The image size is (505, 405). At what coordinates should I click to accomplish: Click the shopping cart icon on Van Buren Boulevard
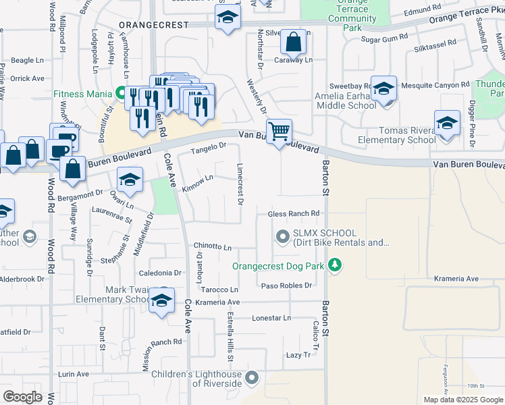click(x=279, y=130)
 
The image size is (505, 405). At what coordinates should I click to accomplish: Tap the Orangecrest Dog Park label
click(x=278, y=267)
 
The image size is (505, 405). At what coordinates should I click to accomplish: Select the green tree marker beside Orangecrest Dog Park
click(x=334, y=266)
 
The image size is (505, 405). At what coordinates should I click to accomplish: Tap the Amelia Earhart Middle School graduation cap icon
click(x=383, y=89)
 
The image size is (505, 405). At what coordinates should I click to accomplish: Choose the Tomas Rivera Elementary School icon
click(x=447, y=124)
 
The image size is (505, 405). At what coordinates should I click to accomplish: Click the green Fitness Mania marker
click(x=122, y=92)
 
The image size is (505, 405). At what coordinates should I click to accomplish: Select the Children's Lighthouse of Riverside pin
click(x=252, y=378)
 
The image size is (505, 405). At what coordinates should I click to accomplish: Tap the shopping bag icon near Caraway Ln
click(x=294, y=43)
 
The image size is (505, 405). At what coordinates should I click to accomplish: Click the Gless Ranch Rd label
click(x=294, y=214)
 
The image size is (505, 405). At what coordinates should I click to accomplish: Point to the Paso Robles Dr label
click(x=287, y=286)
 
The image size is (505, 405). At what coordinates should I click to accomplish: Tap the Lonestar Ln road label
click(x=271, y=318)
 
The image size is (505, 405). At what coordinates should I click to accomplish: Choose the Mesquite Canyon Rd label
click(x=435, y=85)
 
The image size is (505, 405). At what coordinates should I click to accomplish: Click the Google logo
click(x=22, y=397)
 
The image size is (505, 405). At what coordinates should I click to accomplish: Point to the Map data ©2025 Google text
click(x=463, y=400)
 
